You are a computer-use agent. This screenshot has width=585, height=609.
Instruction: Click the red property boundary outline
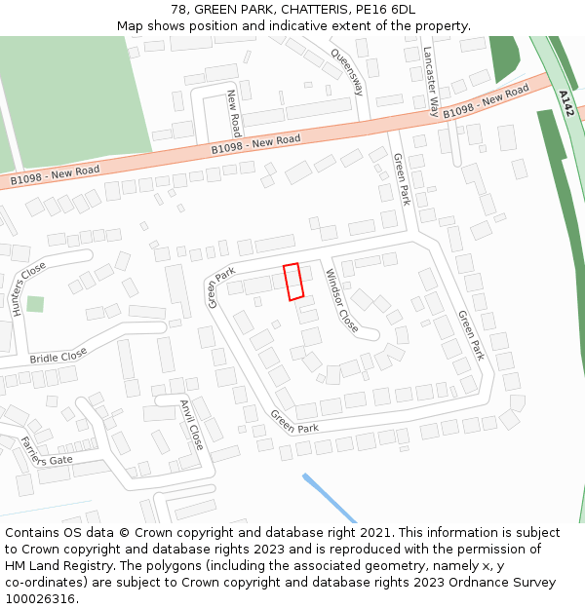coord(292,282)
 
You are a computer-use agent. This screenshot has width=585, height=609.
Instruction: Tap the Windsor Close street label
coord(342,300)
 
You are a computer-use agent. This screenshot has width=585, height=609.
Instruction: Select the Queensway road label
coord(347,72)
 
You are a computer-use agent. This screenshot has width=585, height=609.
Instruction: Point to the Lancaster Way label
coord(429,81)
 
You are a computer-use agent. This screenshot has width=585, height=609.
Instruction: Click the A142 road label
coord(565,103)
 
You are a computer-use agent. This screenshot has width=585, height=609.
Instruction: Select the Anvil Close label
coord(191,424)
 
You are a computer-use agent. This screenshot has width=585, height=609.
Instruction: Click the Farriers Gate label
coord(47,451)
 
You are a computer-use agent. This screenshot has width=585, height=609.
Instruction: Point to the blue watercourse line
coord(329,498)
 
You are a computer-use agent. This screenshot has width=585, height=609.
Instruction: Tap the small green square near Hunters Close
coord(35,304)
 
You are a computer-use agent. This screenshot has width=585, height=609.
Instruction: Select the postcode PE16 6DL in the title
coord(385,10)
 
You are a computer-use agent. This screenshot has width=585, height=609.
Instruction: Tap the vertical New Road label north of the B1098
coord(234,113)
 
